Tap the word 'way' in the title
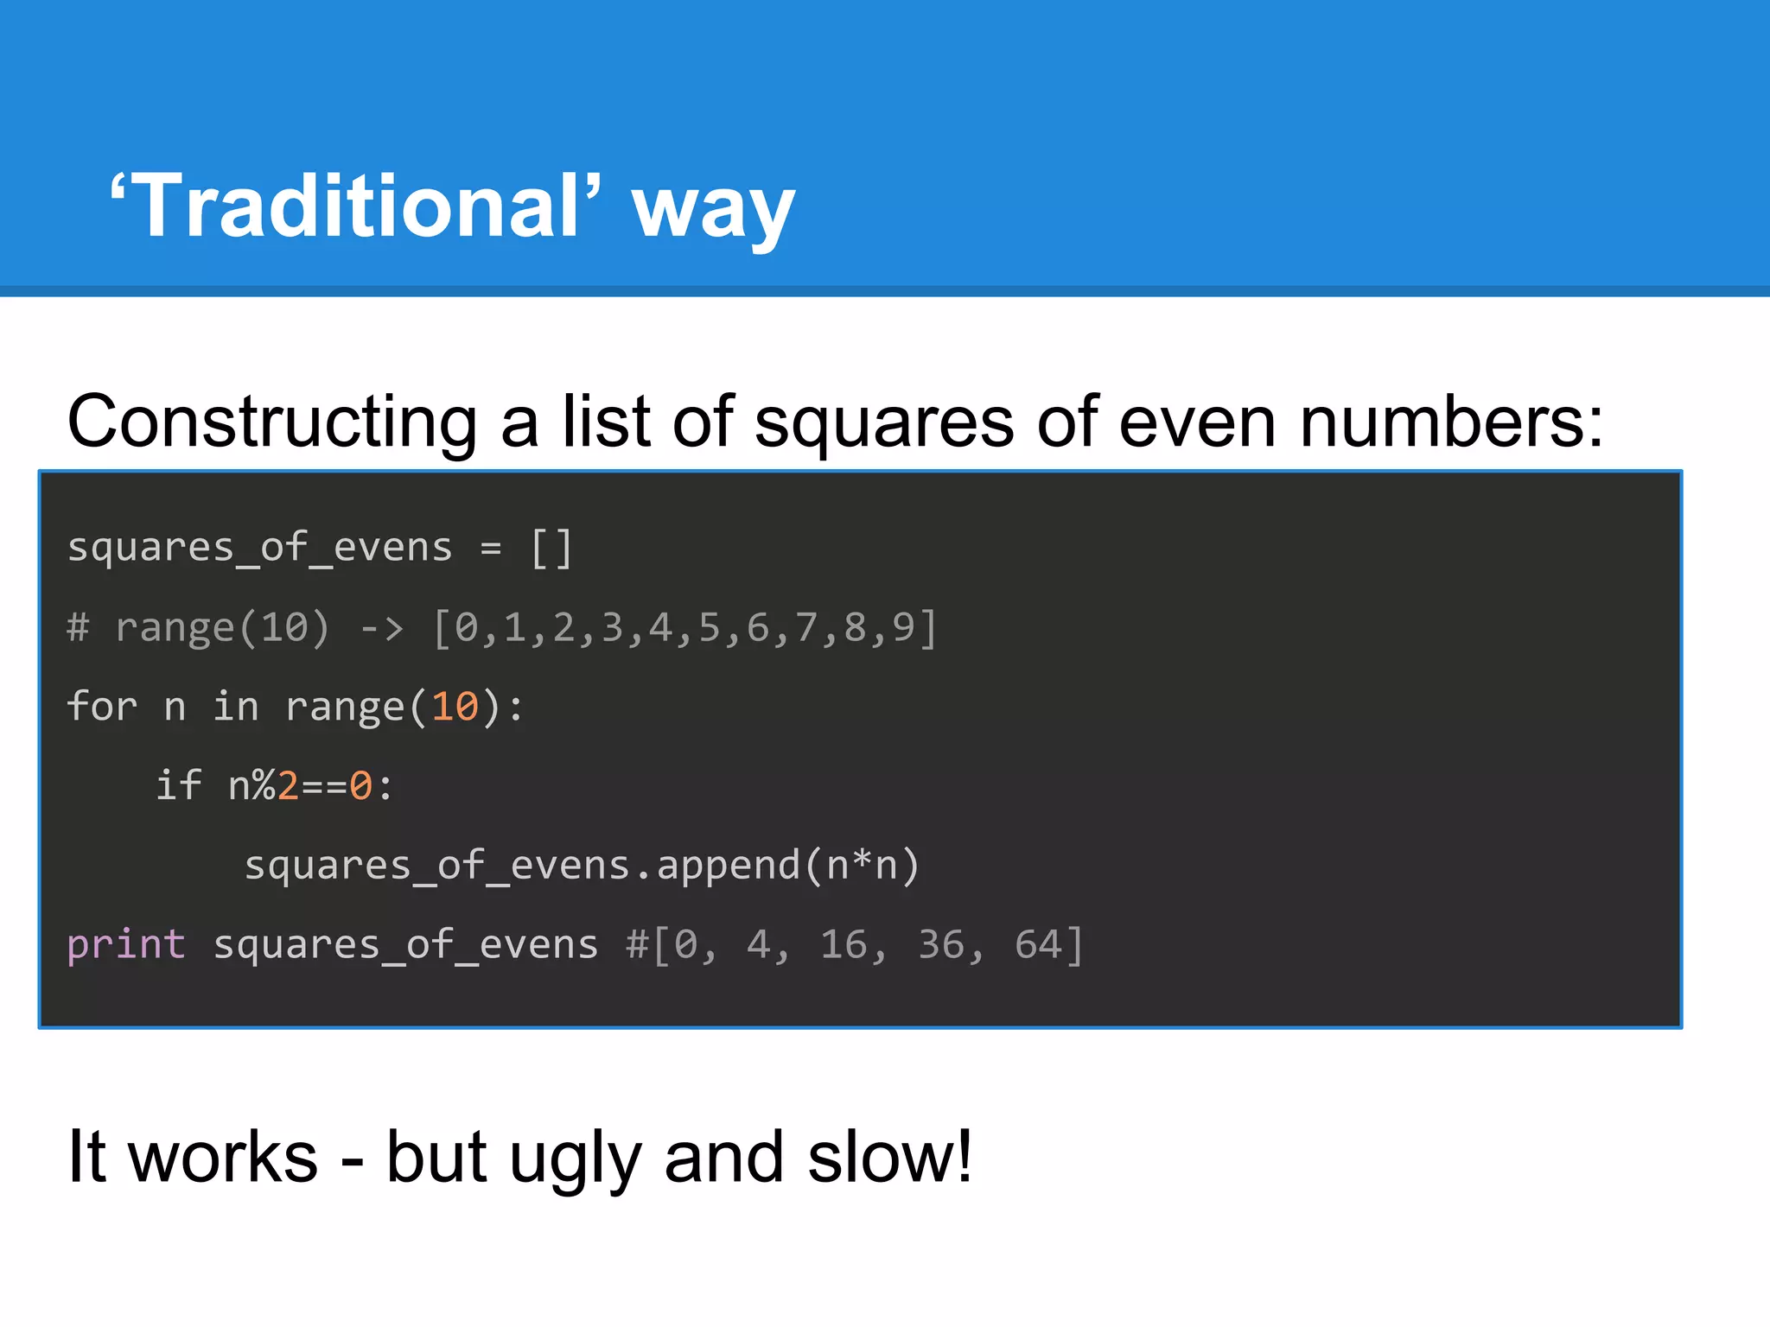(713, 212)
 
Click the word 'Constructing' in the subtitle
(272, 422)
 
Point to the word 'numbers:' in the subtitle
(1451, 422)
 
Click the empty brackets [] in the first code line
(551, 548)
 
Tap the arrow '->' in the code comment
(382, 627)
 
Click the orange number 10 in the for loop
(455, 707)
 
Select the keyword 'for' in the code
(102, 707)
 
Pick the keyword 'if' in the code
(178, 785)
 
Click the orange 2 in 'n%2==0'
(288, 786)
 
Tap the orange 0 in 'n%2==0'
(360, 786)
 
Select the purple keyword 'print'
(126, 945)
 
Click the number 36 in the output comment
(940, 945)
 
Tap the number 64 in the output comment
(1038, 945)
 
